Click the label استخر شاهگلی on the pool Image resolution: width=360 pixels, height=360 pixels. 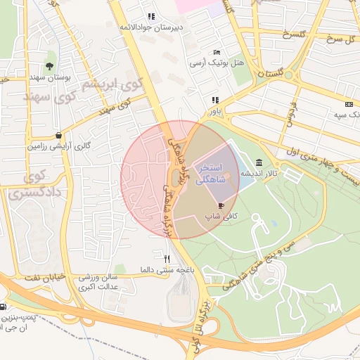click(211, 174)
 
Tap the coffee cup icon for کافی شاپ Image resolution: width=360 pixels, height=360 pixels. click(221, 205)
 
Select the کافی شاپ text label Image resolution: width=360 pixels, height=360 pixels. click(218, 219)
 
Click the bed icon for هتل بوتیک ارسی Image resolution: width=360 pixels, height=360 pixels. click(217, 52)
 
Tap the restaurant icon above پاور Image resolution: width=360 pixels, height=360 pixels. click(214, 100)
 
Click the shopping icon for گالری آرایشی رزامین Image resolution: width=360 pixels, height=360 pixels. click(57, 136)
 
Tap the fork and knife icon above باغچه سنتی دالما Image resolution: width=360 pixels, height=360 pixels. click(167, 258)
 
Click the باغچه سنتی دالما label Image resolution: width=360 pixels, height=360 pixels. click(166, 269)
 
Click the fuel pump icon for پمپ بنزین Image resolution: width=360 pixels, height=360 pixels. click(4, 307)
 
